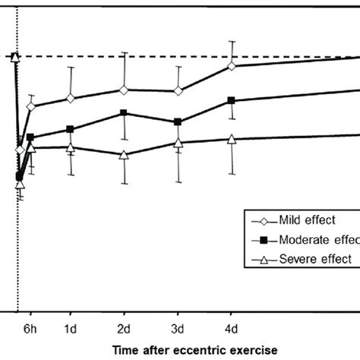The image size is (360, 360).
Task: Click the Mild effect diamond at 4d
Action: (232, 66)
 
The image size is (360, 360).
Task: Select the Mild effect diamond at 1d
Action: (70, 98)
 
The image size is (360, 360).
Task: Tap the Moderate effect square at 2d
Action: (124, 113)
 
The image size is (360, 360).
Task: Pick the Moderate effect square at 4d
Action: (232, 100)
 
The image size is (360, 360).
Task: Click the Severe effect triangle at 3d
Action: (178, 143)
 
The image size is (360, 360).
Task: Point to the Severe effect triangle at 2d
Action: (124, 154)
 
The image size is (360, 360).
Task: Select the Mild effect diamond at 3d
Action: (178, 91)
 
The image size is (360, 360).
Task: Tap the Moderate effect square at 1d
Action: (70, 129)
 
